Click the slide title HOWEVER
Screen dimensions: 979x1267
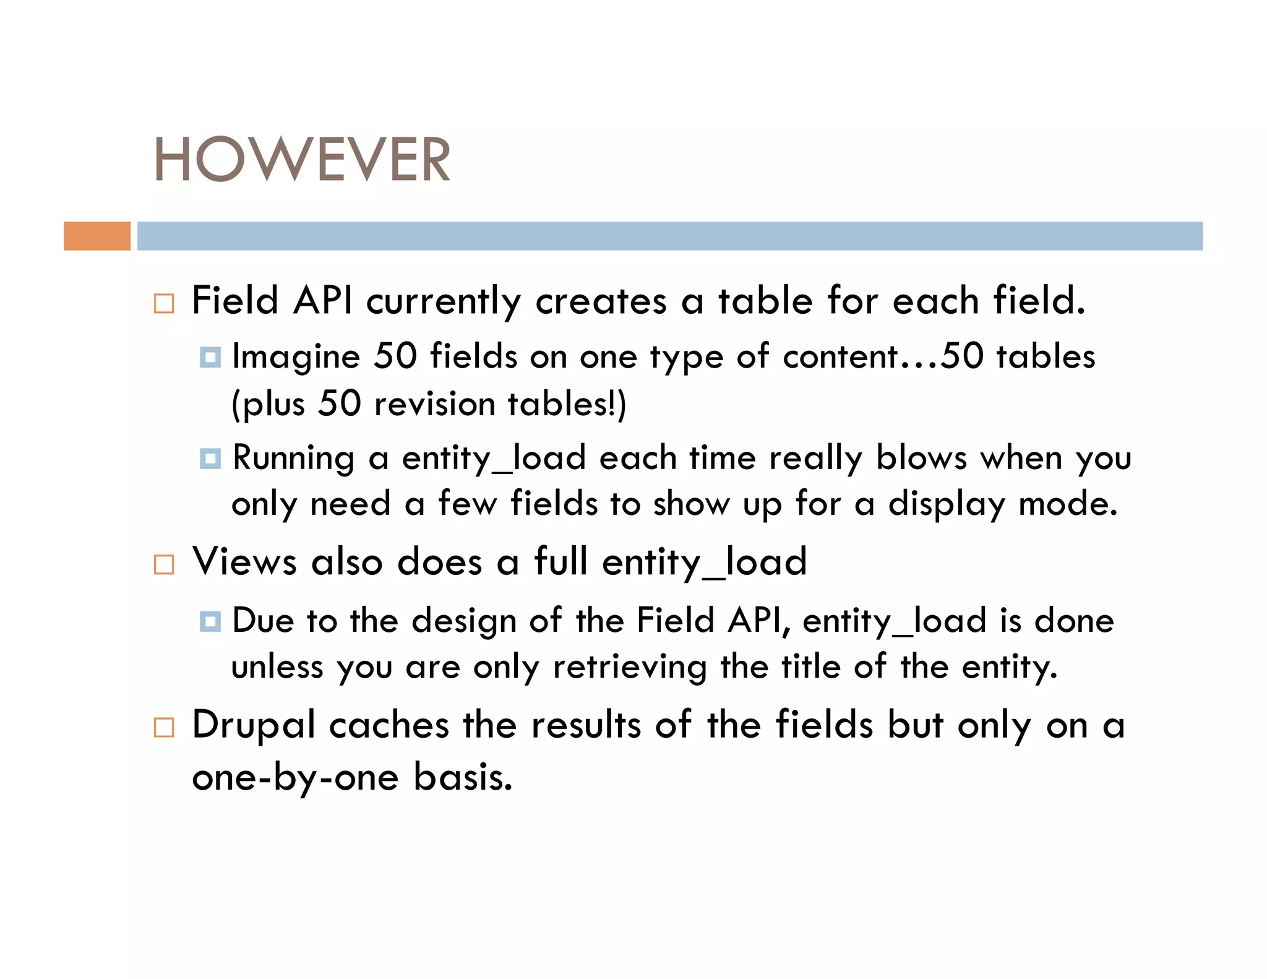[302, 160]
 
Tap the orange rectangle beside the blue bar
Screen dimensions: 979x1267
[97, 236]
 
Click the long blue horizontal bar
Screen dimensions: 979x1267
[669, 236]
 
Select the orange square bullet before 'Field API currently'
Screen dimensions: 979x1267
[164, 303]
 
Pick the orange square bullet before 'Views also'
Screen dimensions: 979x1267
[164, 564]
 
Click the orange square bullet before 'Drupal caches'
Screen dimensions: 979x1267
[164, 727]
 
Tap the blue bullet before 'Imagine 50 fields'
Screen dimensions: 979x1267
[210, 357]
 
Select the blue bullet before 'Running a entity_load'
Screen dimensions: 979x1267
[210, 459]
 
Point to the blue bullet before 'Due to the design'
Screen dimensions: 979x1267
[210, 621]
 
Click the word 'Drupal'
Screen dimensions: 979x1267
[254, 725]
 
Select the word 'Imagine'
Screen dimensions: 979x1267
[296, 357]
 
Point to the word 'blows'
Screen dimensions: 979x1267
[921, 459]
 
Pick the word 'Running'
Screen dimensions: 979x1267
[294, 459]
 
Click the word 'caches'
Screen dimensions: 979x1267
[389, 725]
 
